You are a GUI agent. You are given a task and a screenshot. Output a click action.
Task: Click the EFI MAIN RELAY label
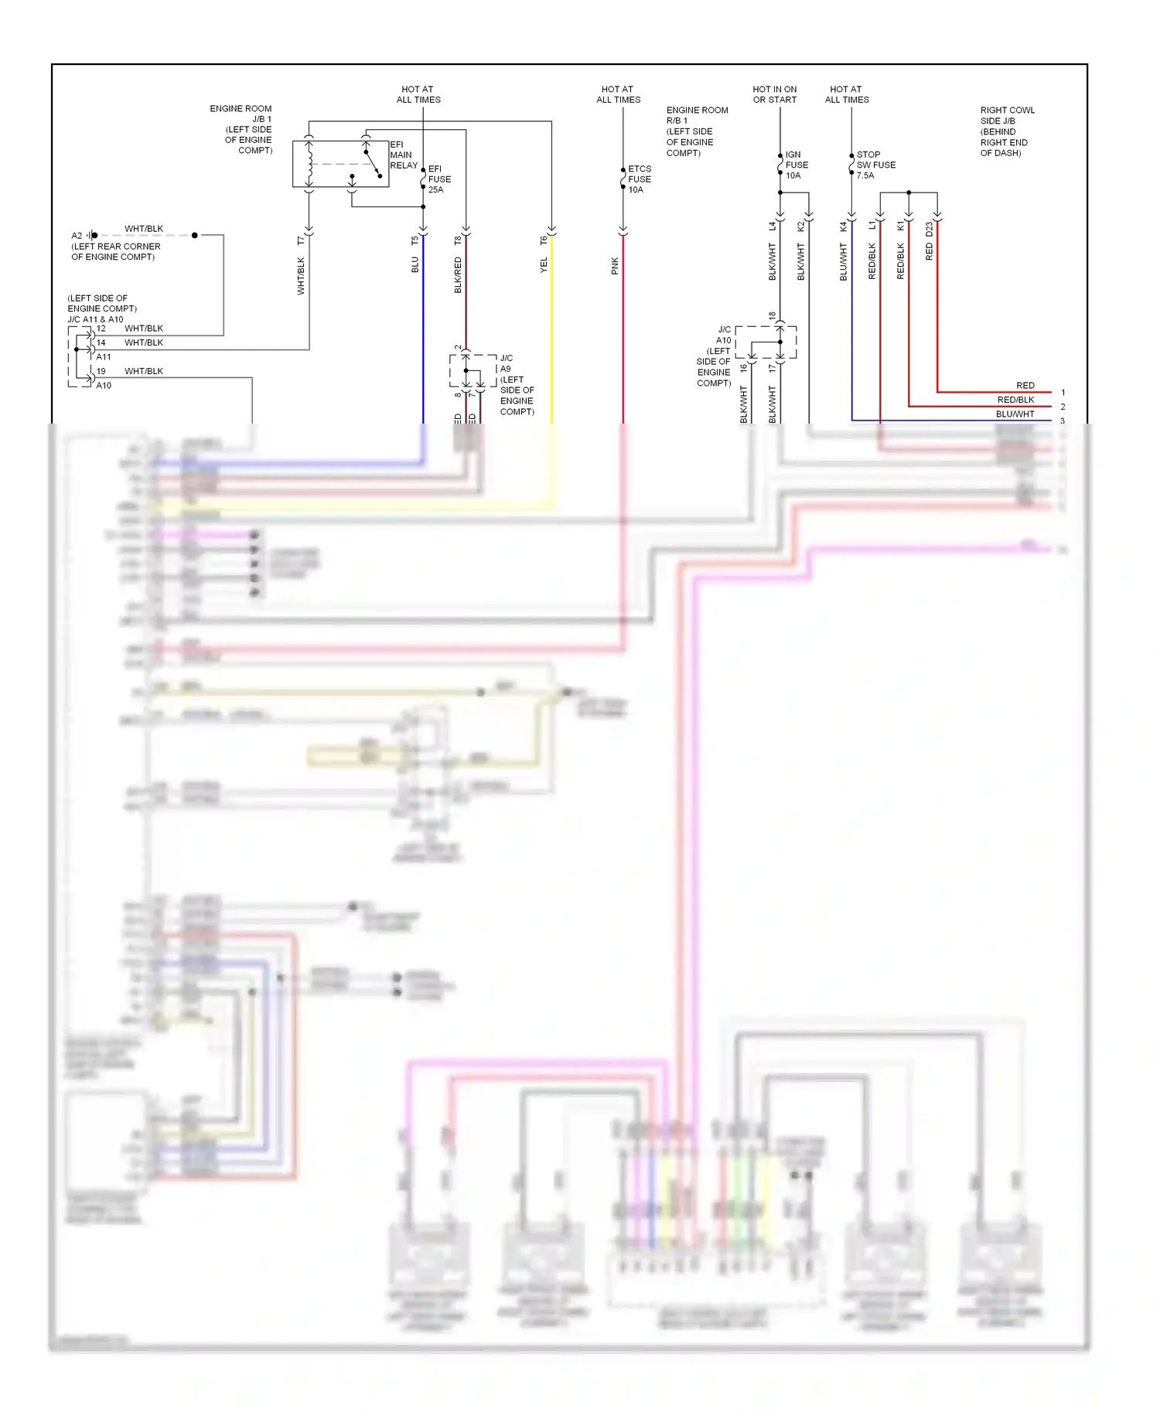click(x=403, y=155)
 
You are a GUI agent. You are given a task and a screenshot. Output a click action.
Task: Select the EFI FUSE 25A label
click(x=439, y=179)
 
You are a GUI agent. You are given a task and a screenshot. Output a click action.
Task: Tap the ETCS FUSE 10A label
click(x=639, y=179)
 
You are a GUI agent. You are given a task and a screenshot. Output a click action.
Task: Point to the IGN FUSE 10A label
click(x=796, y=165)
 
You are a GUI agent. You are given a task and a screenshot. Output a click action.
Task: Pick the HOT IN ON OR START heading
click(x=774, y=94)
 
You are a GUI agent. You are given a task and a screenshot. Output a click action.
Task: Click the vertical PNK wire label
click(x=615, y=266)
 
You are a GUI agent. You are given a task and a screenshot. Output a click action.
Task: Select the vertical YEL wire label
click(x=544, y=265)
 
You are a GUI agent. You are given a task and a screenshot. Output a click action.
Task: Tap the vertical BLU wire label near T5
click(x=415, y=265)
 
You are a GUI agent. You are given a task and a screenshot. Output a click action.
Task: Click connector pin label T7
click(x=301, y=240)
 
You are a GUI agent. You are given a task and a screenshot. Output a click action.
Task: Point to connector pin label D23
click(x=929, y=230)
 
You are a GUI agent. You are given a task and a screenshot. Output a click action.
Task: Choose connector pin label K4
click(x=843, y=226)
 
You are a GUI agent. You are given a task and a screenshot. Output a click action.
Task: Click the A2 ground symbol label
click(x=77, y=236)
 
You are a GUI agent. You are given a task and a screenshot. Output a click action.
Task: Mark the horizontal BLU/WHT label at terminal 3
click(x=1015, y=414)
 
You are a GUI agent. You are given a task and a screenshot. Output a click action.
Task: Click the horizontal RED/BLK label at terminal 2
click(x=1015, y=400)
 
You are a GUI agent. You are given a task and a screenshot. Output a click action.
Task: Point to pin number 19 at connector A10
click(x=101, y=371)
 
